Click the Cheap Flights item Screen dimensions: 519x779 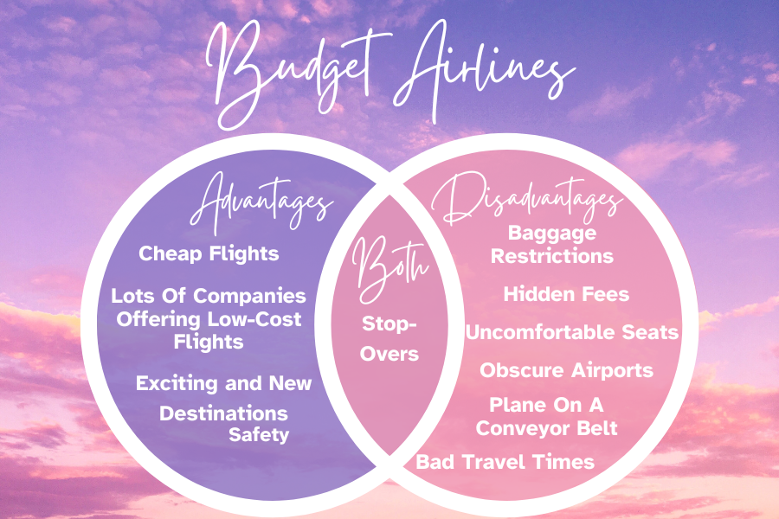click(x=209, y=253)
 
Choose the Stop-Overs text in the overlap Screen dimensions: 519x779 click(x=389, y=339)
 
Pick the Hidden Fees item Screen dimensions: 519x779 click(x=566, y=294)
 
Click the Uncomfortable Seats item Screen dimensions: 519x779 click(x=571, y=332)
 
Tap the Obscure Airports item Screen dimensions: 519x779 click(x=566, y=370)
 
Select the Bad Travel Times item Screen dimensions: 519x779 click(x=505, y=462)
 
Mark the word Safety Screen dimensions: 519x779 click(x=258, y=434)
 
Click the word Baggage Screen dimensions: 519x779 click(x=552, y=233)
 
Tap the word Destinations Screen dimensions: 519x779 click(x=223, y=413)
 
